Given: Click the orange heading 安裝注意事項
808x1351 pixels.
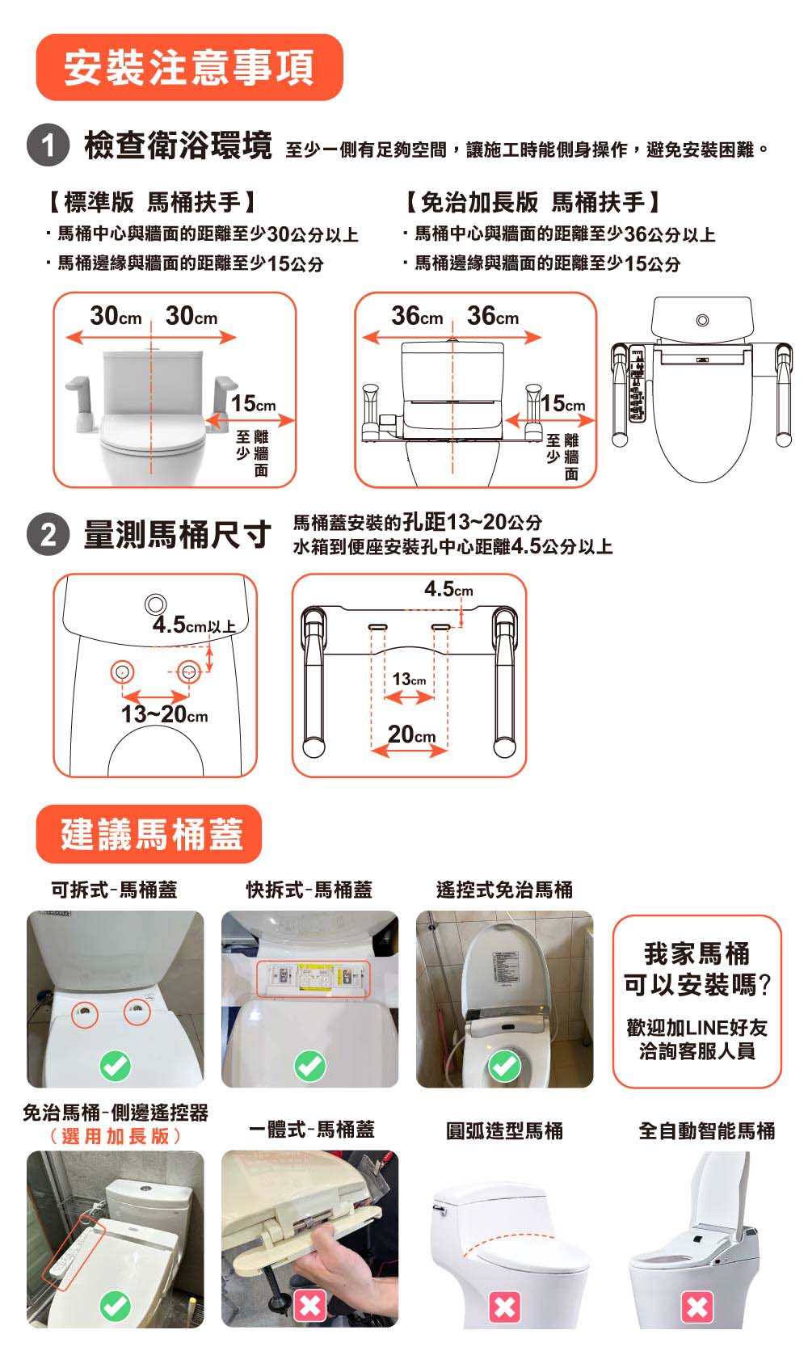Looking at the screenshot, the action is pos(189,67).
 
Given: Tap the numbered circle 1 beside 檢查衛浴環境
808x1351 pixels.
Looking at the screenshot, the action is pos(48,145).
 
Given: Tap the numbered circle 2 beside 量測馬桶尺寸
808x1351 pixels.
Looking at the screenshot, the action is pos(48,534).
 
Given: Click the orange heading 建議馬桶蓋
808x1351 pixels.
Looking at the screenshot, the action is pos(149,834).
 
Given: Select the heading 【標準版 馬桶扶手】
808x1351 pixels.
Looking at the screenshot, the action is pos(151,202).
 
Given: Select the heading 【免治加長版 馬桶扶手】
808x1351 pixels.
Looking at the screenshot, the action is pos(533,202).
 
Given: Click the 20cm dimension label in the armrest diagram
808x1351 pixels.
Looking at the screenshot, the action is pos(411,734).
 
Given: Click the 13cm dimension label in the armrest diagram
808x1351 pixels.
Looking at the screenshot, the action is pos(409,679).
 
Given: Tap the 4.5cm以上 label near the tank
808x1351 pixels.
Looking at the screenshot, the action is pos(194,625).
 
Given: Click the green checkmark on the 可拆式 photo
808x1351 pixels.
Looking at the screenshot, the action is pos(116,1066).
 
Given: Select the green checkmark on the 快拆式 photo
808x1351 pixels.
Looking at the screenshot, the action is pos(310,1066).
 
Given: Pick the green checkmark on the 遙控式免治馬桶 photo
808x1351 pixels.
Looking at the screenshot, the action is pos(505,1066).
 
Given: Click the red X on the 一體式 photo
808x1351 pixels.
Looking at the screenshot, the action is pos(310,1306).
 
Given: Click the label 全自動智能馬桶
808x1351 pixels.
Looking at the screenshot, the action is pos(707,1131).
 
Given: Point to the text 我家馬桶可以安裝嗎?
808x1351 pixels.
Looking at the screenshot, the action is pos(697,970).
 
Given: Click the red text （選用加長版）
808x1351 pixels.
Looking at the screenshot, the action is pos(116,1136).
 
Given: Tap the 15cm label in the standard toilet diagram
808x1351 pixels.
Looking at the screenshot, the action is pos(254,403).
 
